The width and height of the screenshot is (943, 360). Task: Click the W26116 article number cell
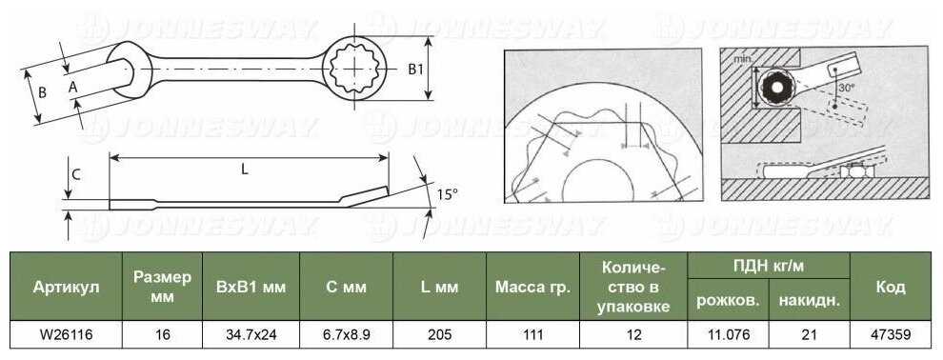[66, 334]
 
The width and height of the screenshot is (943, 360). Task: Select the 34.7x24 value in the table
[251, 334]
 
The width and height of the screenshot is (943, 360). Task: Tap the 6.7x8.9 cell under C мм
[346, 334]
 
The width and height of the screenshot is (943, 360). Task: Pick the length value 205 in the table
[439, 334]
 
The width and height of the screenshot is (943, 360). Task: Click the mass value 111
[532, 334]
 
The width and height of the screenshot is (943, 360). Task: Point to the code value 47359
[890, 334]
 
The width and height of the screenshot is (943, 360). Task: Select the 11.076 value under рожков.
[728, 334]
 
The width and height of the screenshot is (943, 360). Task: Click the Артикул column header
[66, 287]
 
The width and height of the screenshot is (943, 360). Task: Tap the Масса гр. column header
[532, 287]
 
